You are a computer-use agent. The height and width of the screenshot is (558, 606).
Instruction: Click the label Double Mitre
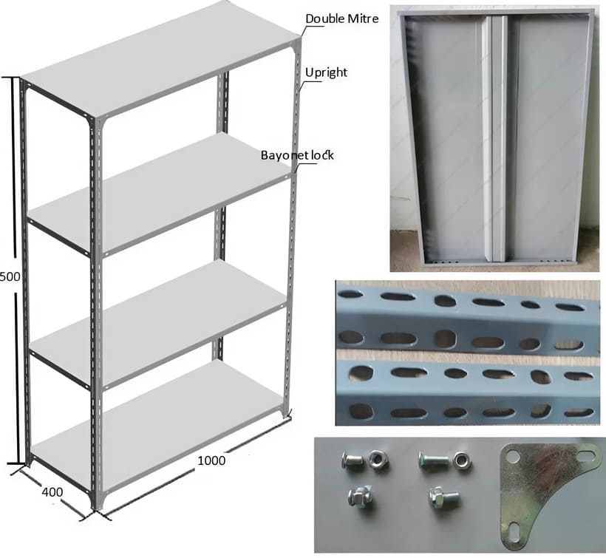click(341, 18)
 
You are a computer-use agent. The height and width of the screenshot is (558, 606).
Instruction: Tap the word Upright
click(326, 72)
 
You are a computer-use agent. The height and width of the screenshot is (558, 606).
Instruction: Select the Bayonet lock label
click(297, 155)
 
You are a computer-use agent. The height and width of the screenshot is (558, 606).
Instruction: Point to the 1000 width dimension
click(211, 460)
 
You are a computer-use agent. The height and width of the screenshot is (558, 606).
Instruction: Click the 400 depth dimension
click(52, 491)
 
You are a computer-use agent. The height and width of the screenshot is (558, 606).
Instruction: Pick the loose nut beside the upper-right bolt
click(462, 460)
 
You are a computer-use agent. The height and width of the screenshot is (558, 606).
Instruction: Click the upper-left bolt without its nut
click(352, 460)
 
